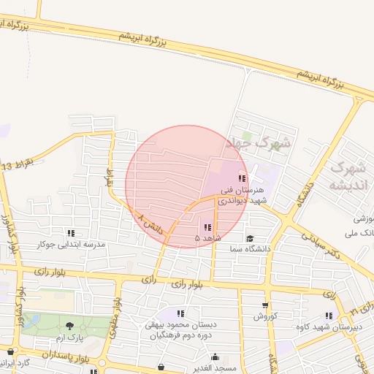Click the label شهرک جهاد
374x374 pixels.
click(257, 142)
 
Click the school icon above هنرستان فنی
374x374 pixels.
click(242, 179)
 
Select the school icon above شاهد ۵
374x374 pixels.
click(208, 227)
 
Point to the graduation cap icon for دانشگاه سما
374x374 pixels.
click(250, 239)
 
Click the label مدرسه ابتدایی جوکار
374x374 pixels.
click(71, 243)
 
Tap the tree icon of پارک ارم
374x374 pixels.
click(70, 326)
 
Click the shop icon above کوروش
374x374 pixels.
click(264, 306)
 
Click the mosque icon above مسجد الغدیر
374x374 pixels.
click(215, 357)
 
